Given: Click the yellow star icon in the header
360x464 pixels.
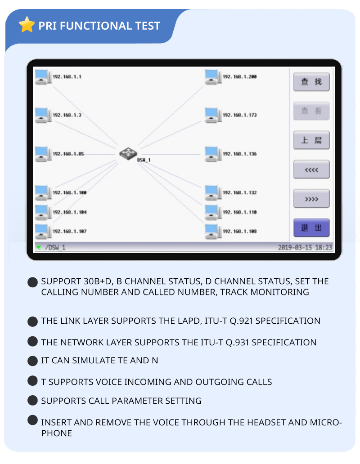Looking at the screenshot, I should [27, 25].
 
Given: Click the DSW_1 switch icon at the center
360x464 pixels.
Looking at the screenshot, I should [128, 153].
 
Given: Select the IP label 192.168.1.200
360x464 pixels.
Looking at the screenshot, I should [239, 77].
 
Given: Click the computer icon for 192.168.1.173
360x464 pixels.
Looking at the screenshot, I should [212, 115].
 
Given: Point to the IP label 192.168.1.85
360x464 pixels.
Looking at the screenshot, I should [68, 154].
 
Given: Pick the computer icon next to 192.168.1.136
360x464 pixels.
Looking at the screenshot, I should [212, 154].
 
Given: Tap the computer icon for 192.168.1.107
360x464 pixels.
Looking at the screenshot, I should [43, 231].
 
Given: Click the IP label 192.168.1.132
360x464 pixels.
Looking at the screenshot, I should [239, 192].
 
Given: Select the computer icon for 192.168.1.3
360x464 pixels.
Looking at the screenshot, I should [43, 115].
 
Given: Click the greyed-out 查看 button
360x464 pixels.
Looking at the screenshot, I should [311, 111].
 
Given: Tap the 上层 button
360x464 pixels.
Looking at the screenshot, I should [311, 140].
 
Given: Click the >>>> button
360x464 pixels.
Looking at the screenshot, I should [311, 199].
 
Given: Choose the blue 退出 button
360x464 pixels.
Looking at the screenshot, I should [311, 228].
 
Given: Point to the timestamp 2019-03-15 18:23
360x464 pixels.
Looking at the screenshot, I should [305, 247].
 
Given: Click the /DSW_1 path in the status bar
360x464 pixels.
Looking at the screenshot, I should [55, 247].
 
